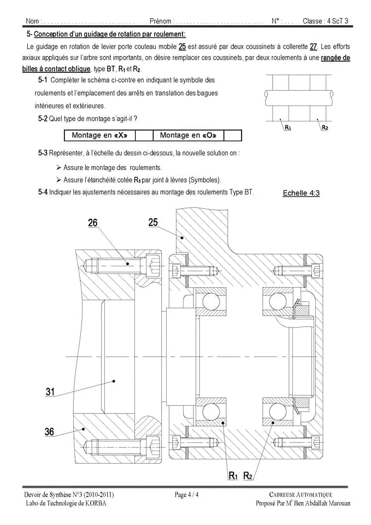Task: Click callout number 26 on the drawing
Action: click(93, 223)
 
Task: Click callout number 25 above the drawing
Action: click(153, 222)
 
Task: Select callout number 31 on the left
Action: click(50, 392)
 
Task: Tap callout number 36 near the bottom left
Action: click(49, 432)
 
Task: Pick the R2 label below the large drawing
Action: click(248, 476)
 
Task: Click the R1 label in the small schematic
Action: click(287, 127)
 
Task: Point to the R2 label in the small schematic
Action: click(325, 127)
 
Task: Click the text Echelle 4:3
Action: click(301, 193)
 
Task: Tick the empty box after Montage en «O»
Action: click(232, 135)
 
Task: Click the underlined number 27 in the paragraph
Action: click(313, 46)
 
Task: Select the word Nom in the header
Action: click(32, 21)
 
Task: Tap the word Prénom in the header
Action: click(160, 21)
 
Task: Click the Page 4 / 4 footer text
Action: click(187, 495)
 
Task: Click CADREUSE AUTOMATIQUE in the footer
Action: click(301, 495)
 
